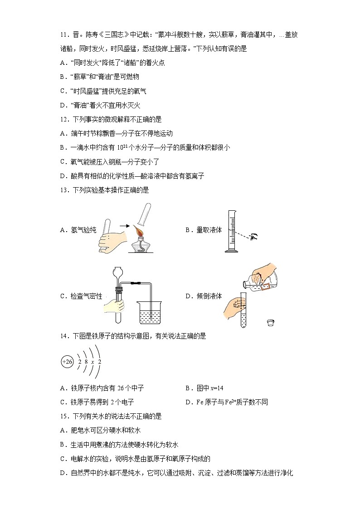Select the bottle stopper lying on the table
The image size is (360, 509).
(271, 322)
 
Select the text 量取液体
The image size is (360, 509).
(209, 230)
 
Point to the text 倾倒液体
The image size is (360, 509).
(209, 296)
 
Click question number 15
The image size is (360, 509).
(63, 416)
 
